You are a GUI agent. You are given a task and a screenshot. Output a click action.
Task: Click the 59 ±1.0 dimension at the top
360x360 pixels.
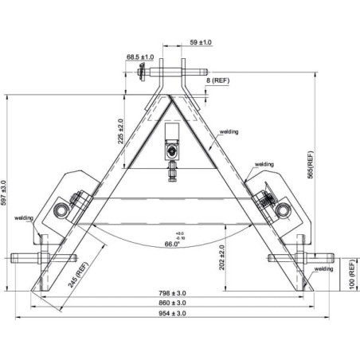[201, 42]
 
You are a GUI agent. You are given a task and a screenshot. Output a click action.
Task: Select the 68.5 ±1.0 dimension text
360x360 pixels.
[140, 57]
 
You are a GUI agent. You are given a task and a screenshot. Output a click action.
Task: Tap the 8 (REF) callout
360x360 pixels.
[217, 80]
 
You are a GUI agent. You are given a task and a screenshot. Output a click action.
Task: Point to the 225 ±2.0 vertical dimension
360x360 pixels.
[121, 131]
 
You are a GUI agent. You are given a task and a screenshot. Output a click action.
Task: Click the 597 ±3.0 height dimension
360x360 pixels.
[3, 193]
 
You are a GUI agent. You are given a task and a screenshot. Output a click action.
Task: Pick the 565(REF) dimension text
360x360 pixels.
[311, 165]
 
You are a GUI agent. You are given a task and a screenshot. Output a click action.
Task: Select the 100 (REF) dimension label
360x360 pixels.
[352, 275]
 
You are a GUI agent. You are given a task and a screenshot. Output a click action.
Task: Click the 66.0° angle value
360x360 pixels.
[172, 244]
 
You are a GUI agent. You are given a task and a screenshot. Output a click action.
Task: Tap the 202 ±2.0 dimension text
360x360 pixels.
[222, 257]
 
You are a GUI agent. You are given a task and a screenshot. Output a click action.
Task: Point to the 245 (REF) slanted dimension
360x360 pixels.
[78, 275]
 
